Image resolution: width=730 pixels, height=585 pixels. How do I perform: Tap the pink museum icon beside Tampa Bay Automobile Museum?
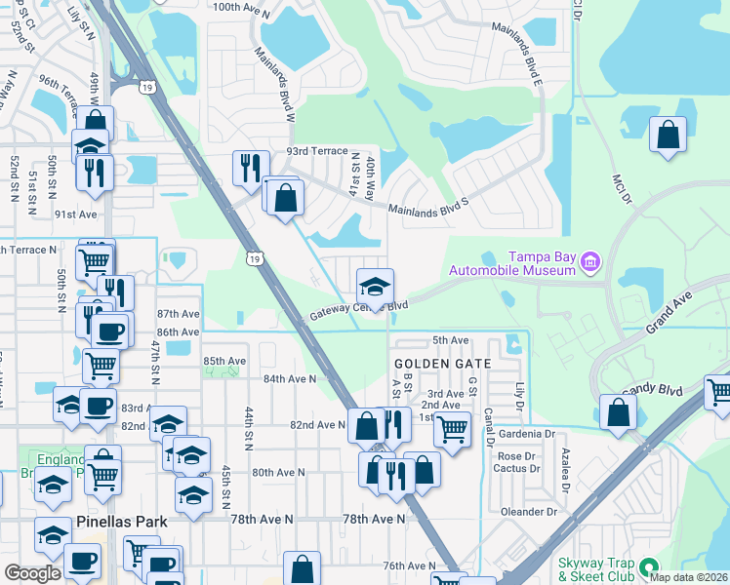point(589,261)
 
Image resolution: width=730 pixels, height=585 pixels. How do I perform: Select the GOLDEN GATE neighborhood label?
point(433,363)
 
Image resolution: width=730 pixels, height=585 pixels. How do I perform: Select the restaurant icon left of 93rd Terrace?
point(250,168)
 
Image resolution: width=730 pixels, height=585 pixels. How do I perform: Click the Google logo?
point(32,572)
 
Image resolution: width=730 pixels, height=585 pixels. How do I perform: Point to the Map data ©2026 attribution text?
point(688,577)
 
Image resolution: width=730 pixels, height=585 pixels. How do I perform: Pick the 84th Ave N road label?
point(289,378)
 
